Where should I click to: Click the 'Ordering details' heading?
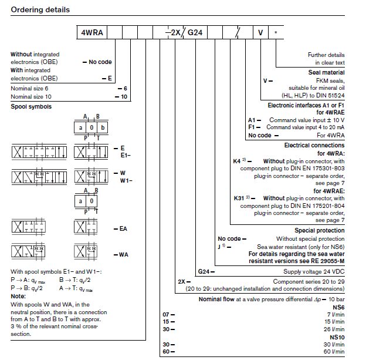pos(40,10)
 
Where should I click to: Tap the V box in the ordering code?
pos(261,33)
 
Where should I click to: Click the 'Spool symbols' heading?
pos(31,107)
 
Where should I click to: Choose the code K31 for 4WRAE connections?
pos(239,198)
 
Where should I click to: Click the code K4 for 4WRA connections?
pos(237,160)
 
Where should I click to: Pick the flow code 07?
pos(167,315)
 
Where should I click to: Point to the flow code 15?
pos(167,322)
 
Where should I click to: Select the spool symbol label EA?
pos(123,228)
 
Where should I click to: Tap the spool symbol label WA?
pos(123,254)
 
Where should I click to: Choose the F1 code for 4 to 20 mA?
pos(252,127)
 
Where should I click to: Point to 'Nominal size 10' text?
pos(32,95)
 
